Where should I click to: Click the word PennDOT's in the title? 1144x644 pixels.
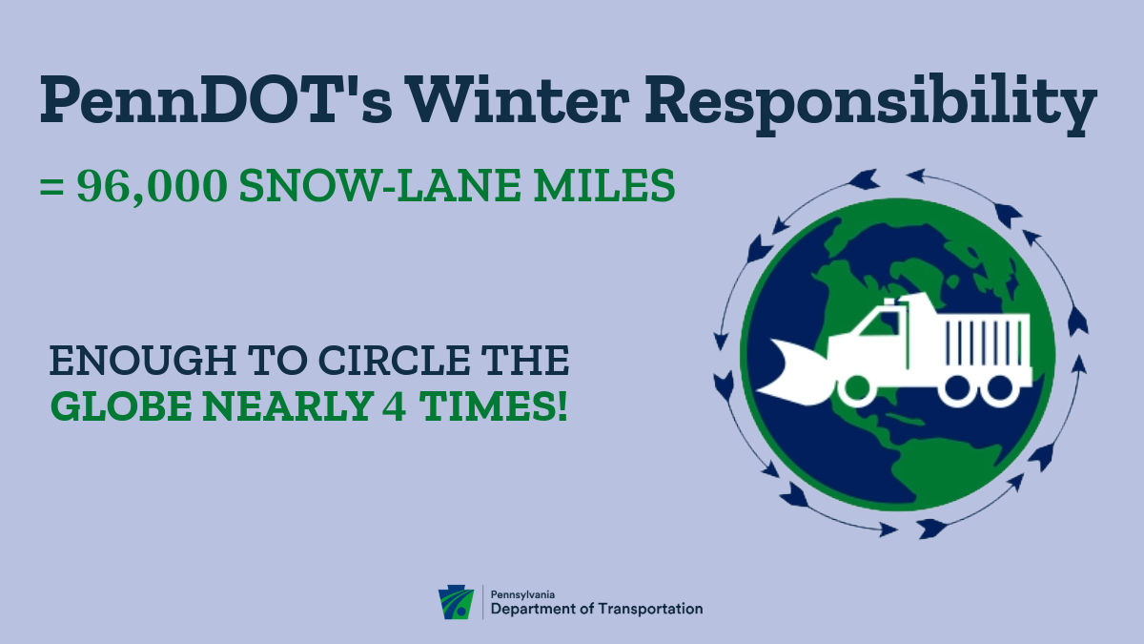point(216,98)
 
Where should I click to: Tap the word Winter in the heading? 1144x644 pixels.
point(520,98)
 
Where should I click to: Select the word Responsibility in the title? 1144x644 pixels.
point(870,105)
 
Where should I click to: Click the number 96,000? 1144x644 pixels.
point(152,187)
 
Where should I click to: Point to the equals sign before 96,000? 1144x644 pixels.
point(51,187)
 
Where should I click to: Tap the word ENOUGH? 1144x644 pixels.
point(142,361)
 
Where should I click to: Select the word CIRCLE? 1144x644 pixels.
point(394,361)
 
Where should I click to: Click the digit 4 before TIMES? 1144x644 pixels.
point(395,405)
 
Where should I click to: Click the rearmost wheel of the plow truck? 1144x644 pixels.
point(1002,390)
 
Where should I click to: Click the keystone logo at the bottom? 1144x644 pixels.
point(456,602)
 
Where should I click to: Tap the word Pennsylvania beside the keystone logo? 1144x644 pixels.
point(522,595)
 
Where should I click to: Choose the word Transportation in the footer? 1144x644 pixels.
point(650,609)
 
